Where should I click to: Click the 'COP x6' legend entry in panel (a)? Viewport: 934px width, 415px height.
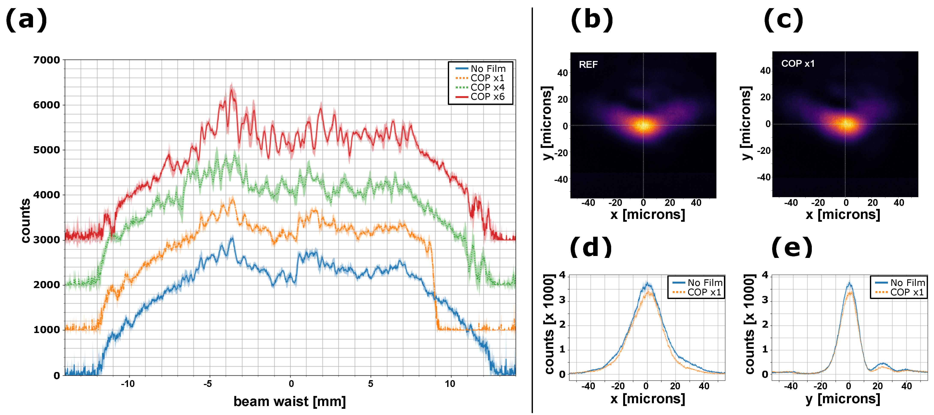point(487,97)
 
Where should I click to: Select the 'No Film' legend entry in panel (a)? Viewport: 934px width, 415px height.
point(488,68)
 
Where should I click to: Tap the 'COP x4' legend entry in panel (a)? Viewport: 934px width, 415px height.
point(487,87)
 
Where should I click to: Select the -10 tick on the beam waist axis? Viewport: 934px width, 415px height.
point(128,384)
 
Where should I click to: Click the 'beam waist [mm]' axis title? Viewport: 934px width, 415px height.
point(289,401)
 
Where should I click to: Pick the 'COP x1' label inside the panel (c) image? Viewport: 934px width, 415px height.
point(798,64)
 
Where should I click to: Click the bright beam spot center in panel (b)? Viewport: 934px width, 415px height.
point(643,125)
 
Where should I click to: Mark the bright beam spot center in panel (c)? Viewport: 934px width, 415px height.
point(845,124)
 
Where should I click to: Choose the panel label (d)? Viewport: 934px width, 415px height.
point(591,247)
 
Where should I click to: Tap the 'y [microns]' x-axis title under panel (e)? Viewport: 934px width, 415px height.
point(843,399)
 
